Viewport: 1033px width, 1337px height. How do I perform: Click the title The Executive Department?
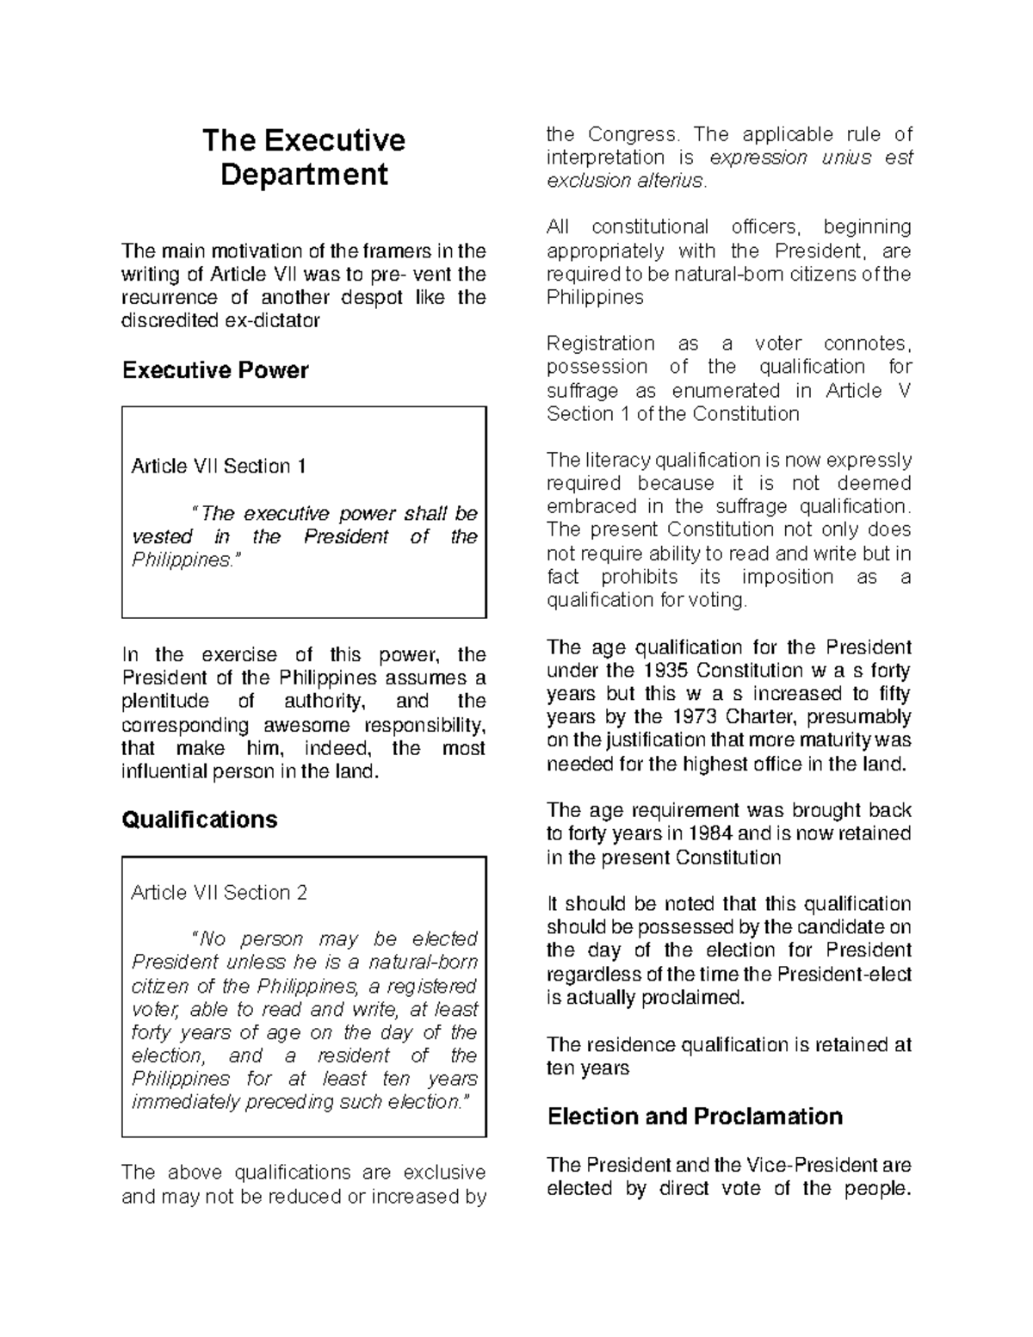(303, 157)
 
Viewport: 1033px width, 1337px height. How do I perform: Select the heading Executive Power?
(215, 370)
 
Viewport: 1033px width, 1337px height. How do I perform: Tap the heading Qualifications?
(200, 819)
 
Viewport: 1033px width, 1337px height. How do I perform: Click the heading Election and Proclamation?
(695, 1117)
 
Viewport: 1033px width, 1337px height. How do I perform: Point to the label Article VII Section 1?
(219, 467)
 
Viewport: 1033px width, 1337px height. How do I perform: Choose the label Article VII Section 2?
(219, 893)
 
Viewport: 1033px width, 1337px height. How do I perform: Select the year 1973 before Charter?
(694, 717)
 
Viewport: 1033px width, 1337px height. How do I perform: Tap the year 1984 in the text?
(710, 833)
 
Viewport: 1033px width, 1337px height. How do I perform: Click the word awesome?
(308, 725)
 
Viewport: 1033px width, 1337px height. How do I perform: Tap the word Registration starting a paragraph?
(600, 344)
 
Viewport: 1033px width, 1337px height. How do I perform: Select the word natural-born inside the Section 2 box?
(423, 963)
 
